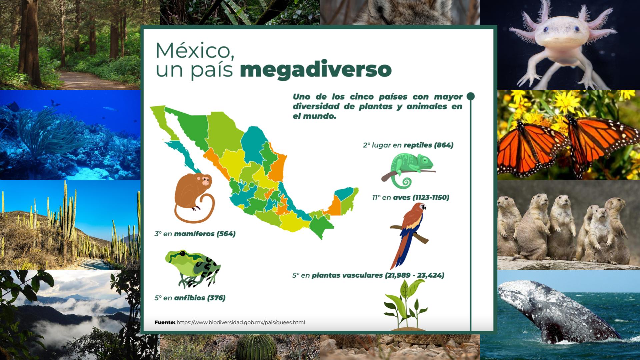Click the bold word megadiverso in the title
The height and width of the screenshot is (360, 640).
pyautogui.click(x=315, y=70)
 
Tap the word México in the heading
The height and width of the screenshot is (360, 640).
pyautogui.click(x=195, y=51)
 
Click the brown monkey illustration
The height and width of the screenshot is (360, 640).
pyautogui.click(x=194, y=197)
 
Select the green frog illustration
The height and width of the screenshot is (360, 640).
pyautogui.click(x=192, y=268)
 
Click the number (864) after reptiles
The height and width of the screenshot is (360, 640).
pyautogui.click(x=443, y=145)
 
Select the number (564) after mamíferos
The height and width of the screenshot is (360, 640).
pyautogui.click(x=226, y=234)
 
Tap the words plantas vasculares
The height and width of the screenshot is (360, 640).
pyautogui.click(x=347, y=275)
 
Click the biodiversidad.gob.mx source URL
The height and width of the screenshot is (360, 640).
pyautogui.click(x=241, y=322)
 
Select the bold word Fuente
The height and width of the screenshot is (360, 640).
pyautogui.click(x=165, y=322)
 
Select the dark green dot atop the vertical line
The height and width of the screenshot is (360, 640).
pyautogui.click(x=470, y=96)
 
